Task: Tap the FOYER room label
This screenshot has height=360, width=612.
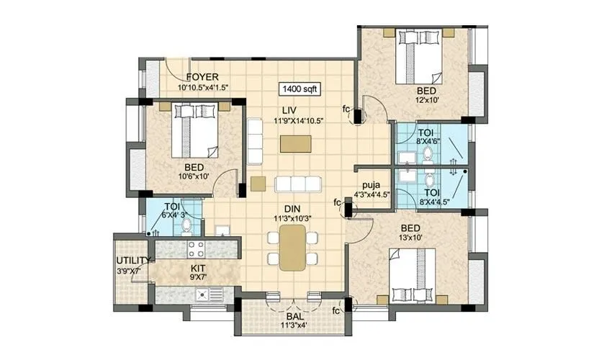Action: click(202, 77)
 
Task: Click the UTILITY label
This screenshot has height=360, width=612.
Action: click(134, 261)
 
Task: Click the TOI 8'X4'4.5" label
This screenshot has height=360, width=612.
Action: click(432, 197)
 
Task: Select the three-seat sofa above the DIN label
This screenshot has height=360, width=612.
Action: click(297, 183)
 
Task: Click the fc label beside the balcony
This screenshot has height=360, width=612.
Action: click(336, 311)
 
